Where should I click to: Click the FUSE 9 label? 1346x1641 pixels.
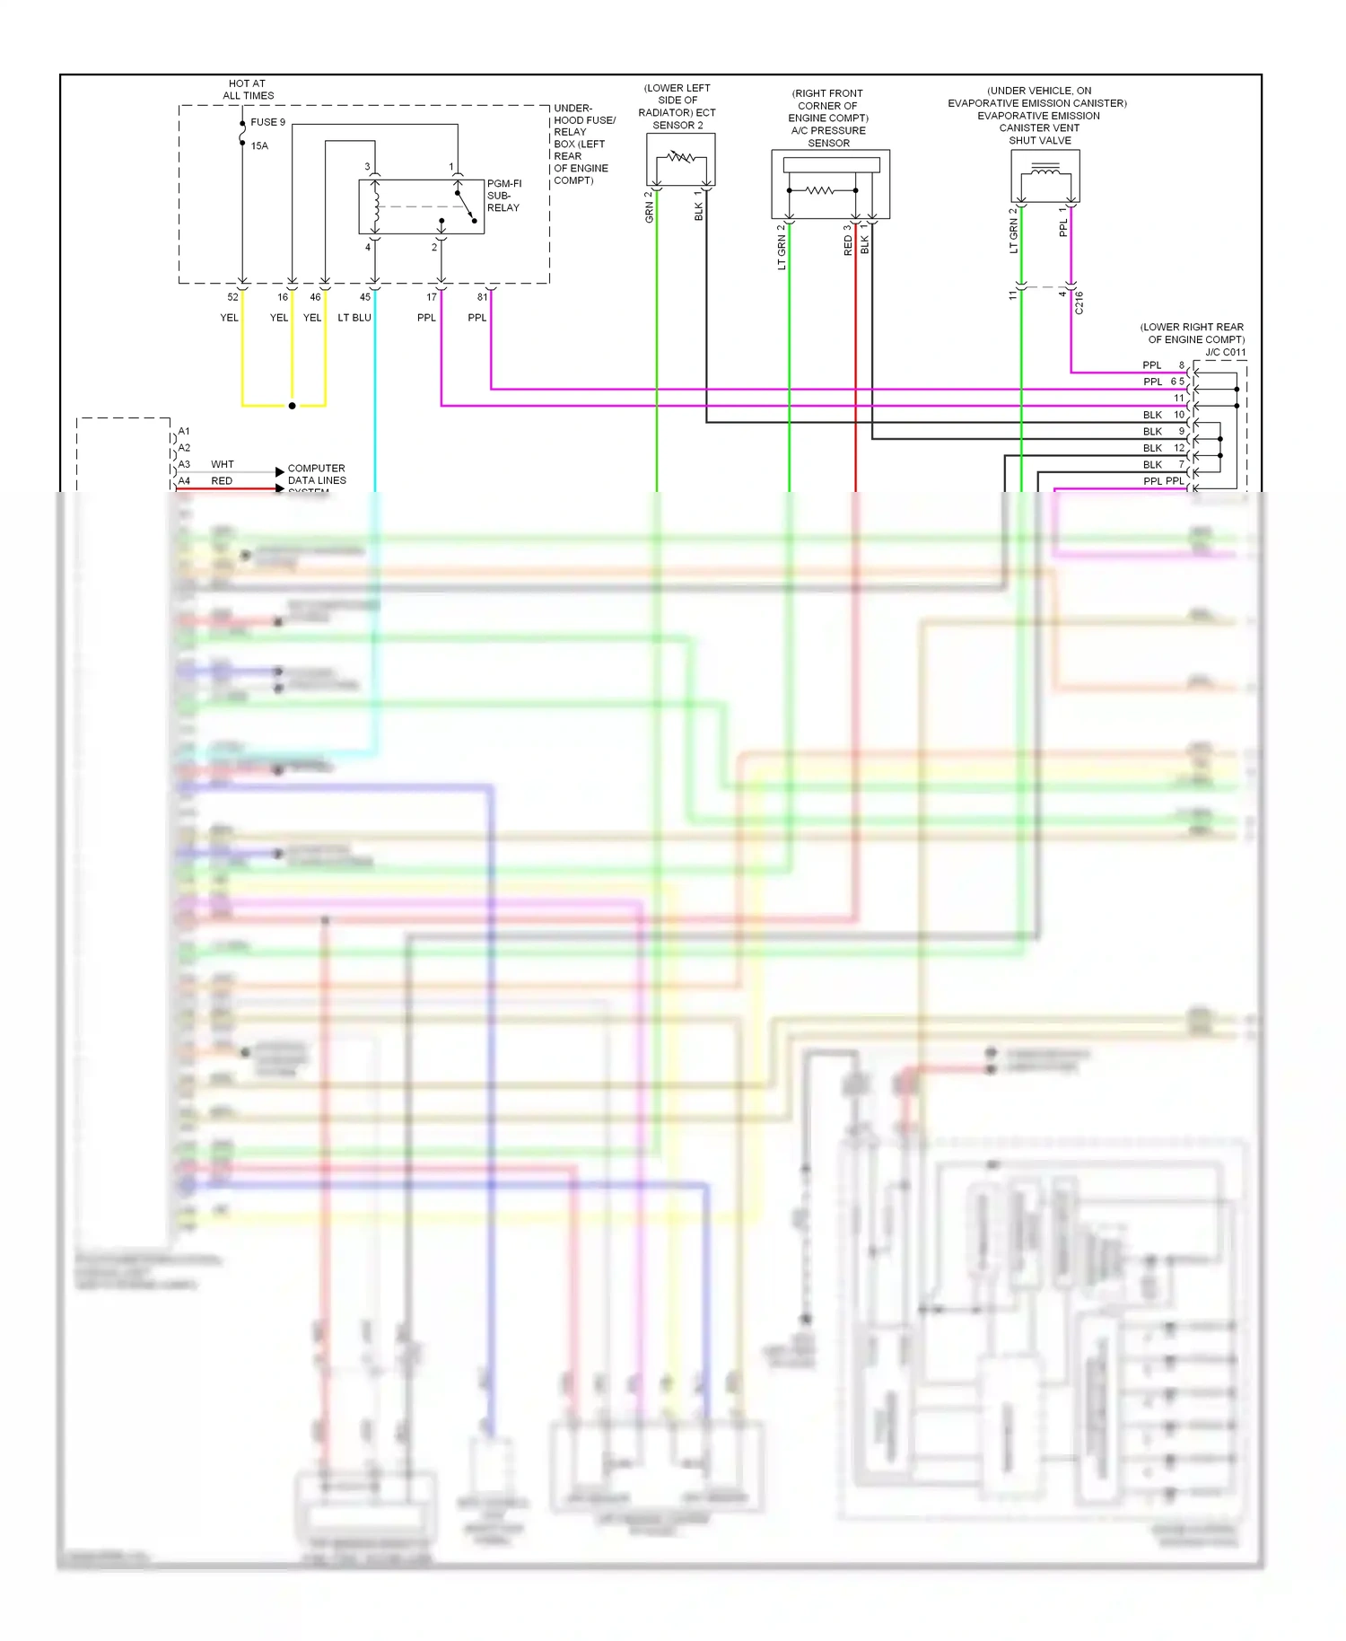click(267, 122)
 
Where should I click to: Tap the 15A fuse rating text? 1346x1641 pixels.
click(259, 145)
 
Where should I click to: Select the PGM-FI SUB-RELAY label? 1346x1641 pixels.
click(503, 196)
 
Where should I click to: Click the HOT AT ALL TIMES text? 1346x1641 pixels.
click(248, 90)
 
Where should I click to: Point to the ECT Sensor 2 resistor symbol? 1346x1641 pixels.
click(680, 158)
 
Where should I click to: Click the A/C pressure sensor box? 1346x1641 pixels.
click(830, 184)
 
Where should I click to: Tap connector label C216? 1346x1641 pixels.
click(1079, 303)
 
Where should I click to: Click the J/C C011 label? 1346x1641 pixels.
click(1225, 352)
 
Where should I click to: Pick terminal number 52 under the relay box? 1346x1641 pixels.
click(232, 297)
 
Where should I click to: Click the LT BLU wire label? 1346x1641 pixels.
click(354, 318)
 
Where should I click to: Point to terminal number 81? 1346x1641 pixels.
click(482, 297)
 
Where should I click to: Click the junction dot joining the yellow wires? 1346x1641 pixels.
click(292, 406)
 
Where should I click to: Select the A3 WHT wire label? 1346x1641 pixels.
click(222, 464)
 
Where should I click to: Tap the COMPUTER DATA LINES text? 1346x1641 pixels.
click(316, 474)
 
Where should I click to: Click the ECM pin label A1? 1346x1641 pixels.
click(184, 432)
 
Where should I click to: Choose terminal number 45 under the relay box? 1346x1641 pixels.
click(364, 297)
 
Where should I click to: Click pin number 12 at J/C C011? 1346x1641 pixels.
click(1179, 448)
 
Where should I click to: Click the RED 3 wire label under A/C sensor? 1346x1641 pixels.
click(848, 240)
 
